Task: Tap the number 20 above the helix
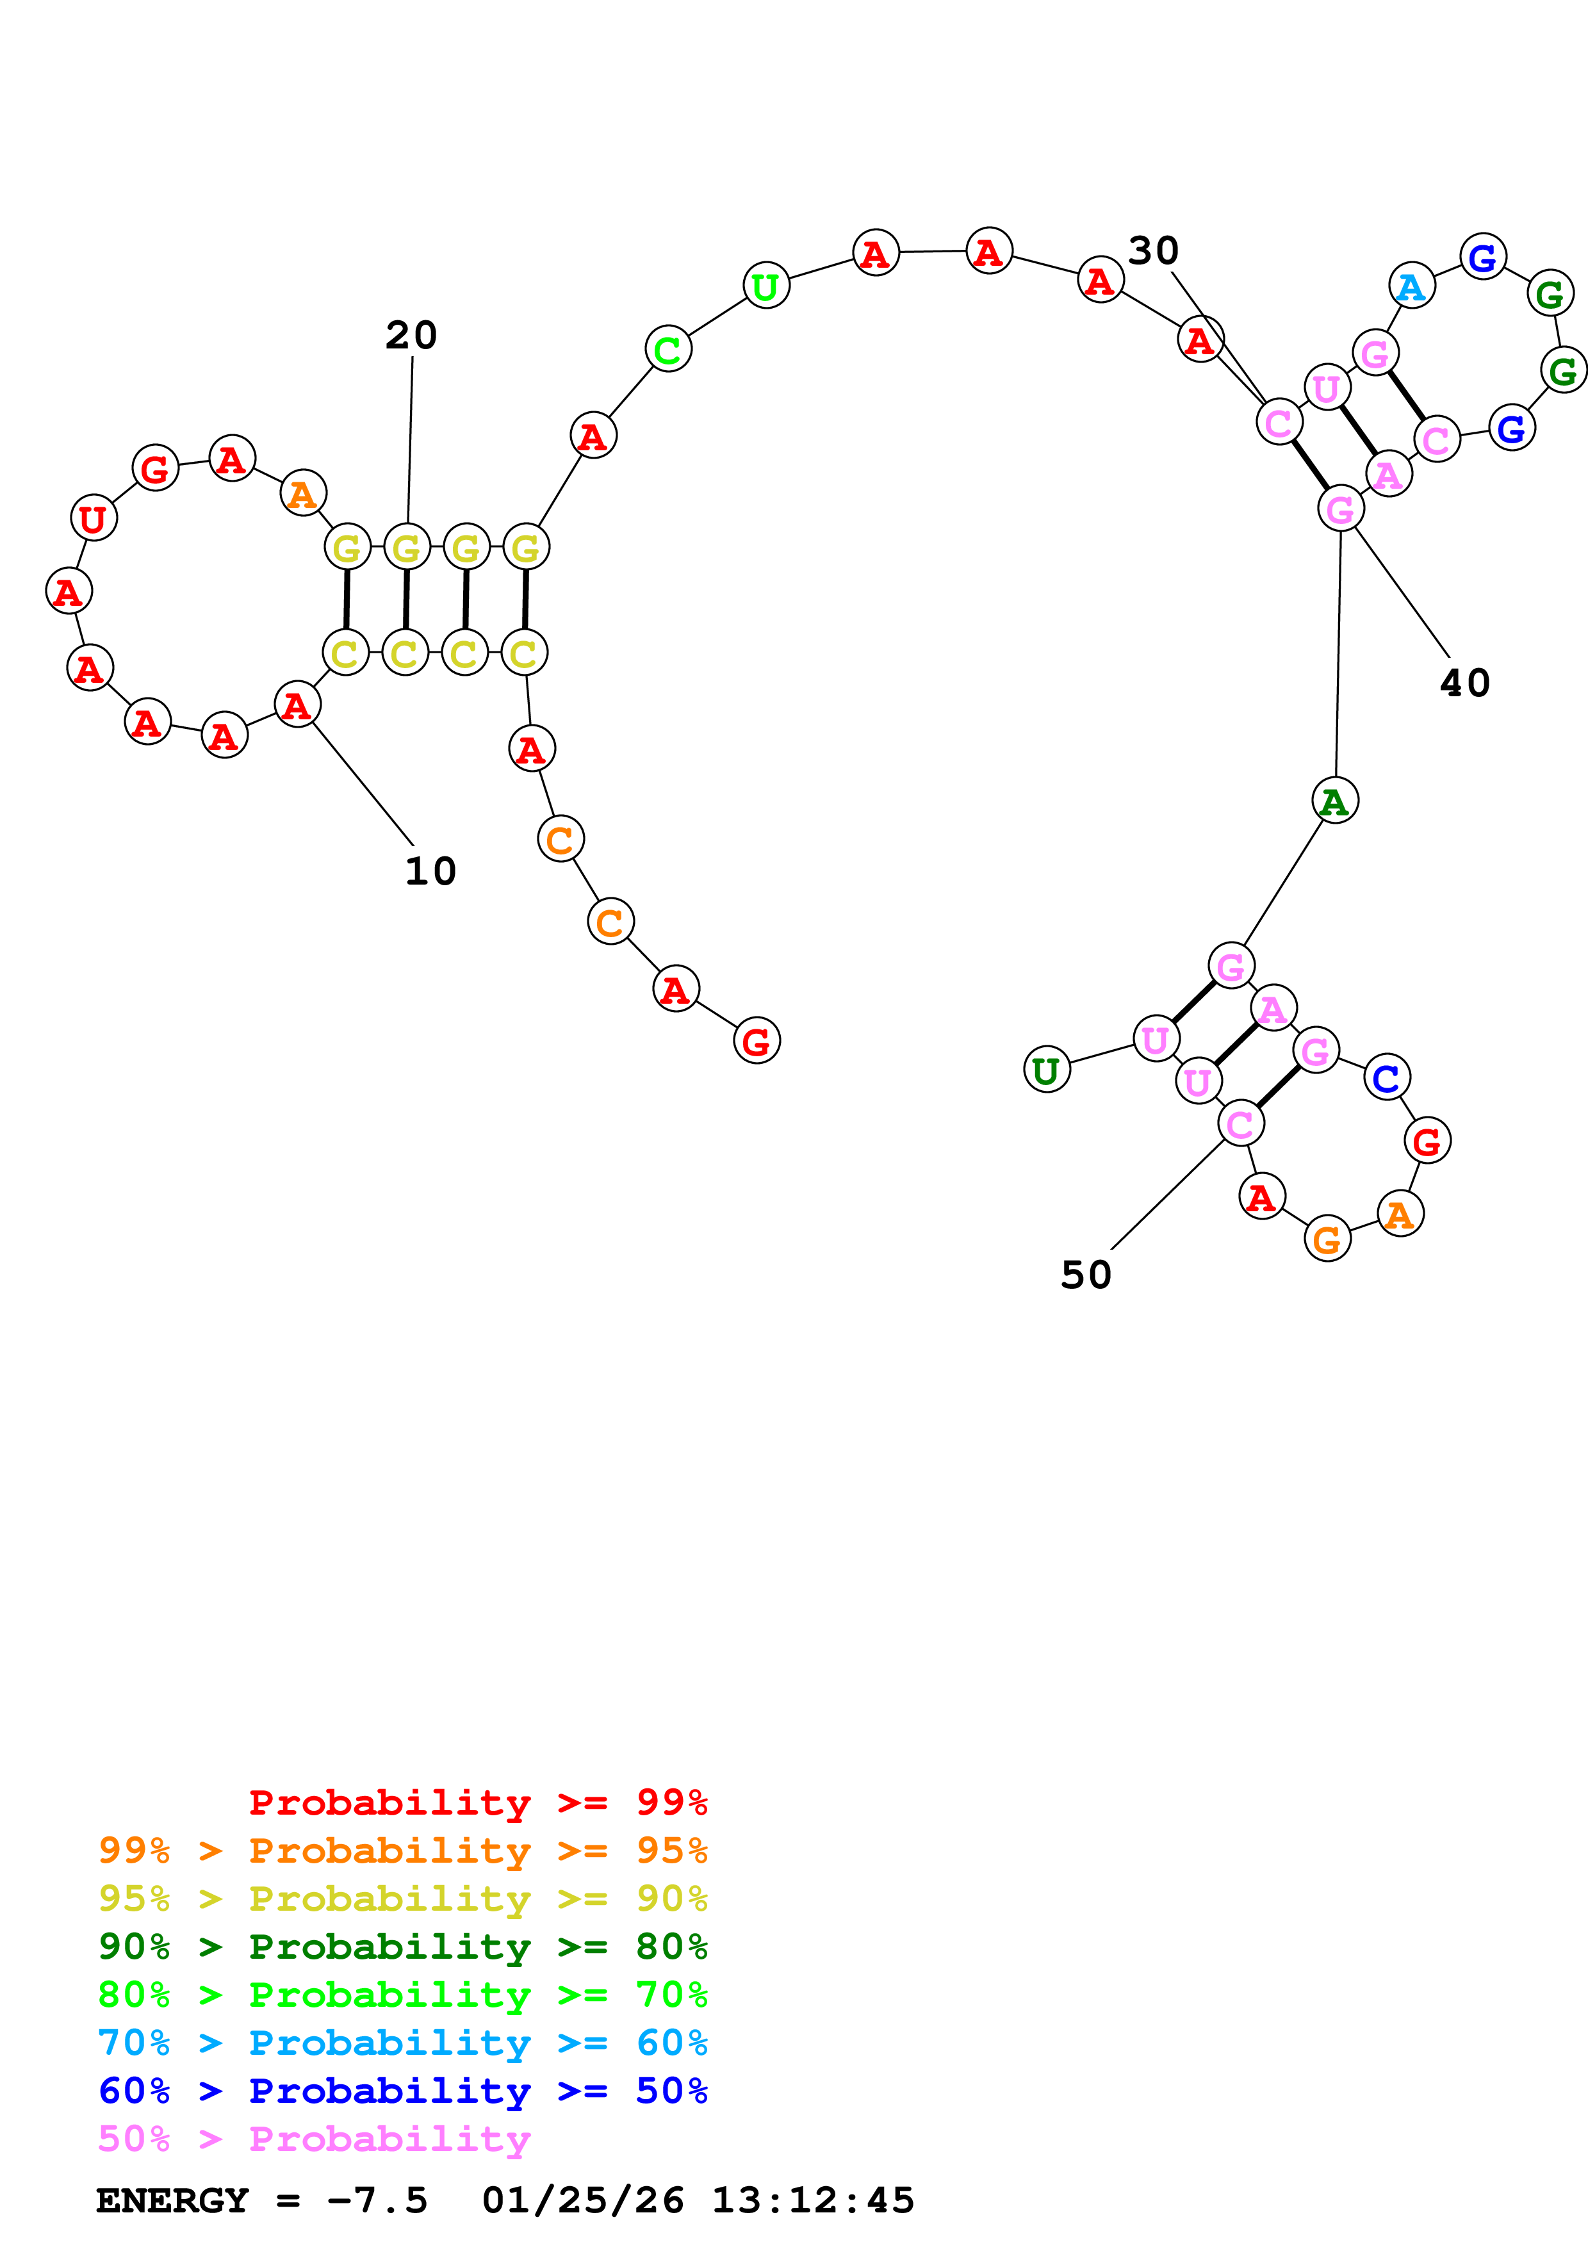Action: tap(411, 336)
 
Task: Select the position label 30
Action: tap(1154, 252)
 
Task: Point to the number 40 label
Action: tap(1465, 683)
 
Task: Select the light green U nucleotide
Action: tap(766, 286)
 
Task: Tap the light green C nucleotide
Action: tap(668, 349)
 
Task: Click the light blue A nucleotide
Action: tap(1411, 287)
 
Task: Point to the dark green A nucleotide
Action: tap(1334, 801)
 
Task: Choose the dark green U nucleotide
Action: tap(1047, 1070)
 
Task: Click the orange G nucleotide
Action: tap(1327, 1240)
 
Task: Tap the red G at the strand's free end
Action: tap(757, 1042)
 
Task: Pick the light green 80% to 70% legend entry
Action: tap(402, 1995)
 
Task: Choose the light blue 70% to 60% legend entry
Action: tap(402, 2043)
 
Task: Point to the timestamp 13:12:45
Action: tap(812, 2201)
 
